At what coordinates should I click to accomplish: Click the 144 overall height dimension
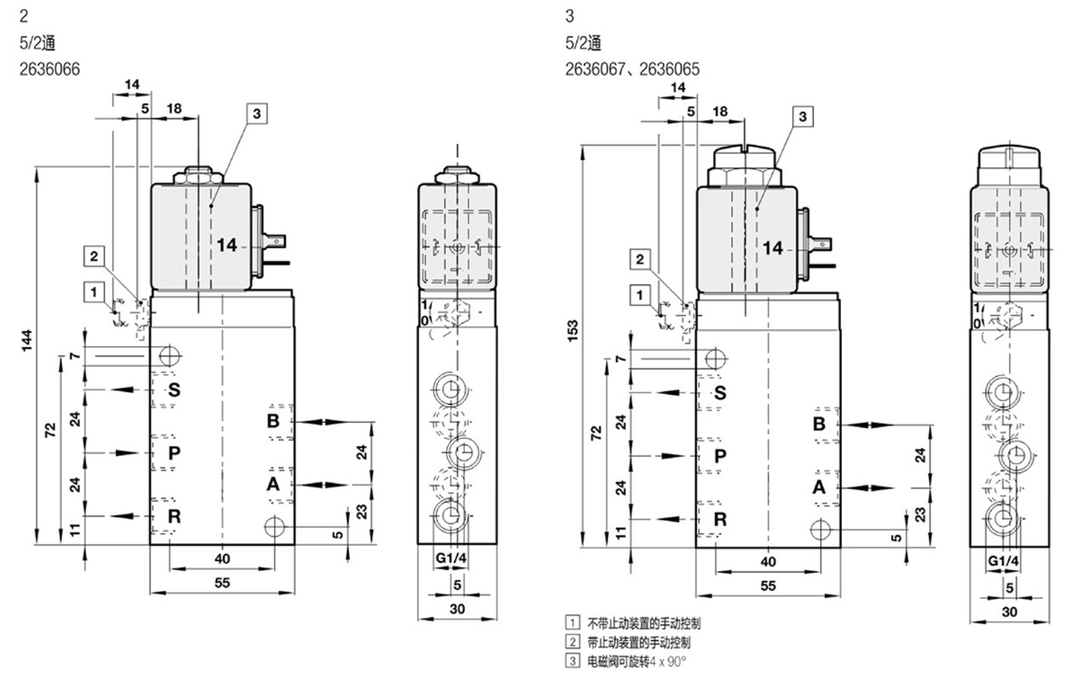point(27,341)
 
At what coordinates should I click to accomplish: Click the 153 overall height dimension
point(572,331)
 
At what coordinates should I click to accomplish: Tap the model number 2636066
point(49,69)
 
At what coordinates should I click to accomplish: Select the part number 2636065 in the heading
point(669,69)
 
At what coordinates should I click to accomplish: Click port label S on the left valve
point(174,390)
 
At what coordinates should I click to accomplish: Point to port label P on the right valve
point(720,456)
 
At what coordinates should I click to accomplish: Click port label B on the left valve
point(273,420)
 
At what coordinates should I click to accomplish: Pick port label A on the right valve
point(819,487)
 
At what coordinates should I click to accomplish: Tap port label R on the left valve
point(174,516)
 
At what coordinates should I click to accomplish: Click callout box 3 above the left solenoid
point(257,113)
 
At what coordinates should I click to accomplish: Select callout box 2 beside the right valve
point(640,259)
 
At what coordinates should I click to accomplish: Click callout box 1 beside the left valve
point(94,291)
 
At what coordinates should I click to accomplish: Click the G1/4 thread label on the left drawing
point(451,558)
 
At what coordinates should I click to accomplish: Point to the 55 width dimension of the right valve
point(768,585)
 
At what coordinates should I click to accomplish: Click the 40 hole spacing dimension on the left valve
point(222,558)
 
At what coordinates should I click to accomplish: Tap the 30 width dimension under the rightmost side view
point(1009,611)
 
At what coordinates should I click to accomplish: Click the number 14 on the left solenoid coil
point(226,245)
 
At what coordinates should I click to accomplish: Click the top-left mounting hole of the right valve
point(715,359)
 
